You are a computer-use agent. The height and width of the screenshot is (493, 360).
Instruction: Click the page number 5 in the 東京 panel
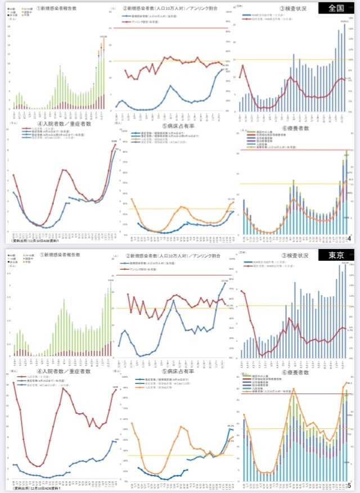349,486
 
